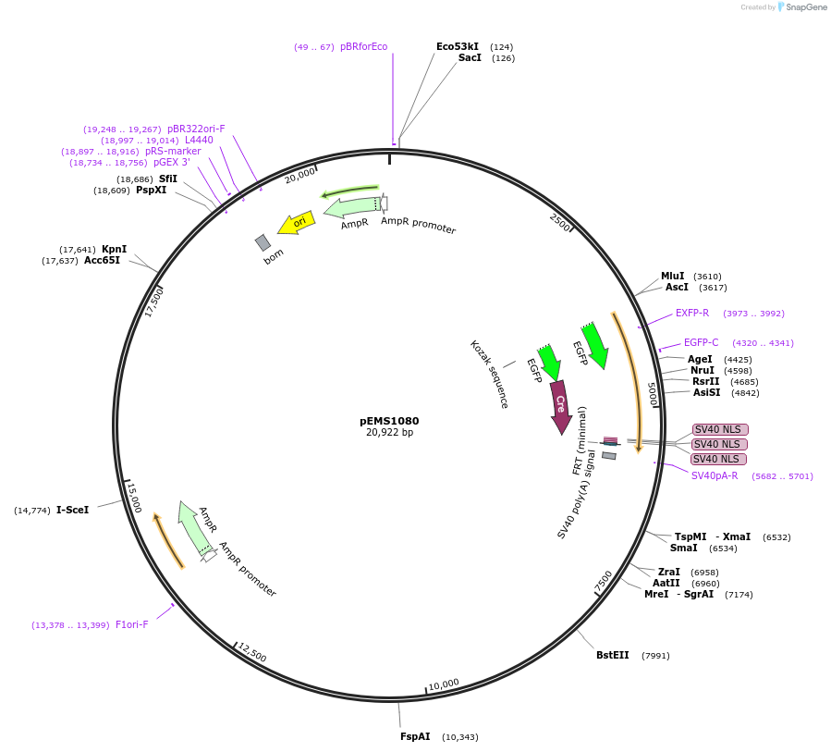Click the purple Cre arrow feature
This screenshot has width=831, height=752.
click(560, 406)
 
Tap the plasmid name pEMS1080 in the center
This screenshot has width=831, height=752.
click(389, 420)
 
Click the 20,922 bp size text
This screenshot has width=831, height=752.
click(389, 432)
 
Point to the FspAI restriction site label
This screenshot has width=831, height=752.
click(415, 736)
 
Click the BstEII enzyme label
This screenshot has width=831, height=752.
click(612, 655)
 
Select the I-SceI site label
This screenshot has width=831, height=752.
click(72, 510)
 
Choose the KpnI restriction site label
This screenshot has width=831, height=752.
click(114, 249)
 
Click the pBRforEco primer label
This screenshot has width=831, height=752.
click(363, 46)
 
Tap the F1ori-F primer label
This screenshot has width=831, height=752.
click(131, 624)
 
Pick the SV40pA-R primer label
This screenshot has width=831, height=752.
click(715, 475)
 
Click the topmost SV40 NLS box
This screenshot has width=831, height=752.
click(720, 429)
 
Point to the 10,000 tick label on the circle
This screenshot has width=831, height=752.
click(444, 684)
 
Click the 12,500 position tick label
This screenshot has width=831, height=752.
click(251, 652)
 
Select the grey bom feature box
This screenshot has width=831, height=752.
click(263, 242)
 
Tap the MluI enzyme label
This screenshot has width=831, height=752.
click(672, 276)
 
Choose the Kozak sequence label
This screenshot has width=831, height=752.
click(489, 374)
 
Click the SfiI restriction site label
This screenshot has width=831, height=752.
click(167, 179)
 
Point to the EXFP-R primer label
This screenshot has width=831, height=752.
click(691, 313)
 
